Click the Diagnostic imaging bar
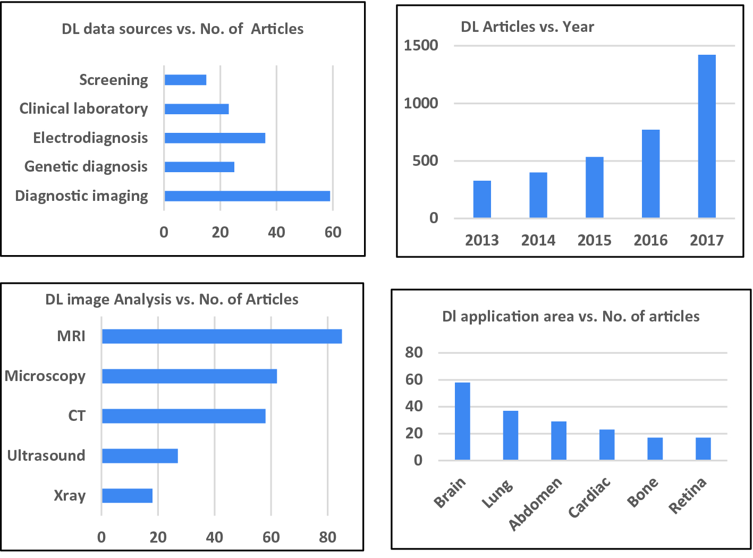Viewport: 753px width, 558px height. click(247, 196)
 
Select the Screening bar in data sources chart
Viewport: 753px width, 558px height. click(185, 80)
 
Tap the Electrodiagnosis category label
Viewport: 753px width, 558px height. click(90, 138)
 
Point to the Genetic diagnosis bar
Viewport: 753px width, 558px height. click(199, 167)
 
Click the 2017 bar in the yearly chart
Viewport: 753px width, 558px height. click(706, 136)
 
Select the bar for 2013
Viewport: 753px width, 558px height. click(482, 199)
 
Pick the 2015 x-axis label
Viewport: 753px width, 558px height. click(594, 241)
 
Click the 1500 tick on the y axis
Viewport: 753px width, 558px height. click(421, 46)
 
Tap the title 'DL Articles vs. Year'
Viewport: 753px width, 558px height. click(527, 27)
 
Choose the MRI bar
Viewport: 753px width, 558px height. click(222, 336)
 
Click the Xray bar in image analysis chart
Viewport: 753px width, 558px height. click(127, 496)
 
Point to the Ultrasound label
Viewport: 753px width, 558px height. click(46, 456)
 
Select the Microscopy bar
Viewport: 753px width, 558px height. click(189, 376)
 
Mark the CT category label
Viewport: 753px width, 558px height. click(77, 416)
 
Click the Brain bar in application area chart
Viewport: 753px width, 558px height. click(462, 421)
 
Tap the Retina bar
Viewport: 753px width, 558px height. click(703, 449)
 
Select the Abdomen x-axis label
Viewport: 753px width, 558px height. click(535, 504)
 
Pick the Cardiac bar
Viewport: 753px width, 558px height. click(607, 445)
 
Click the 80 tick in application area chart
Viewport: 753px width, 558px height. click(414, 352)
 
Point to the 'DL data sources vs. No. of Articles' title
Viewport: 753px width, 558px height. click(182, 29)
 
